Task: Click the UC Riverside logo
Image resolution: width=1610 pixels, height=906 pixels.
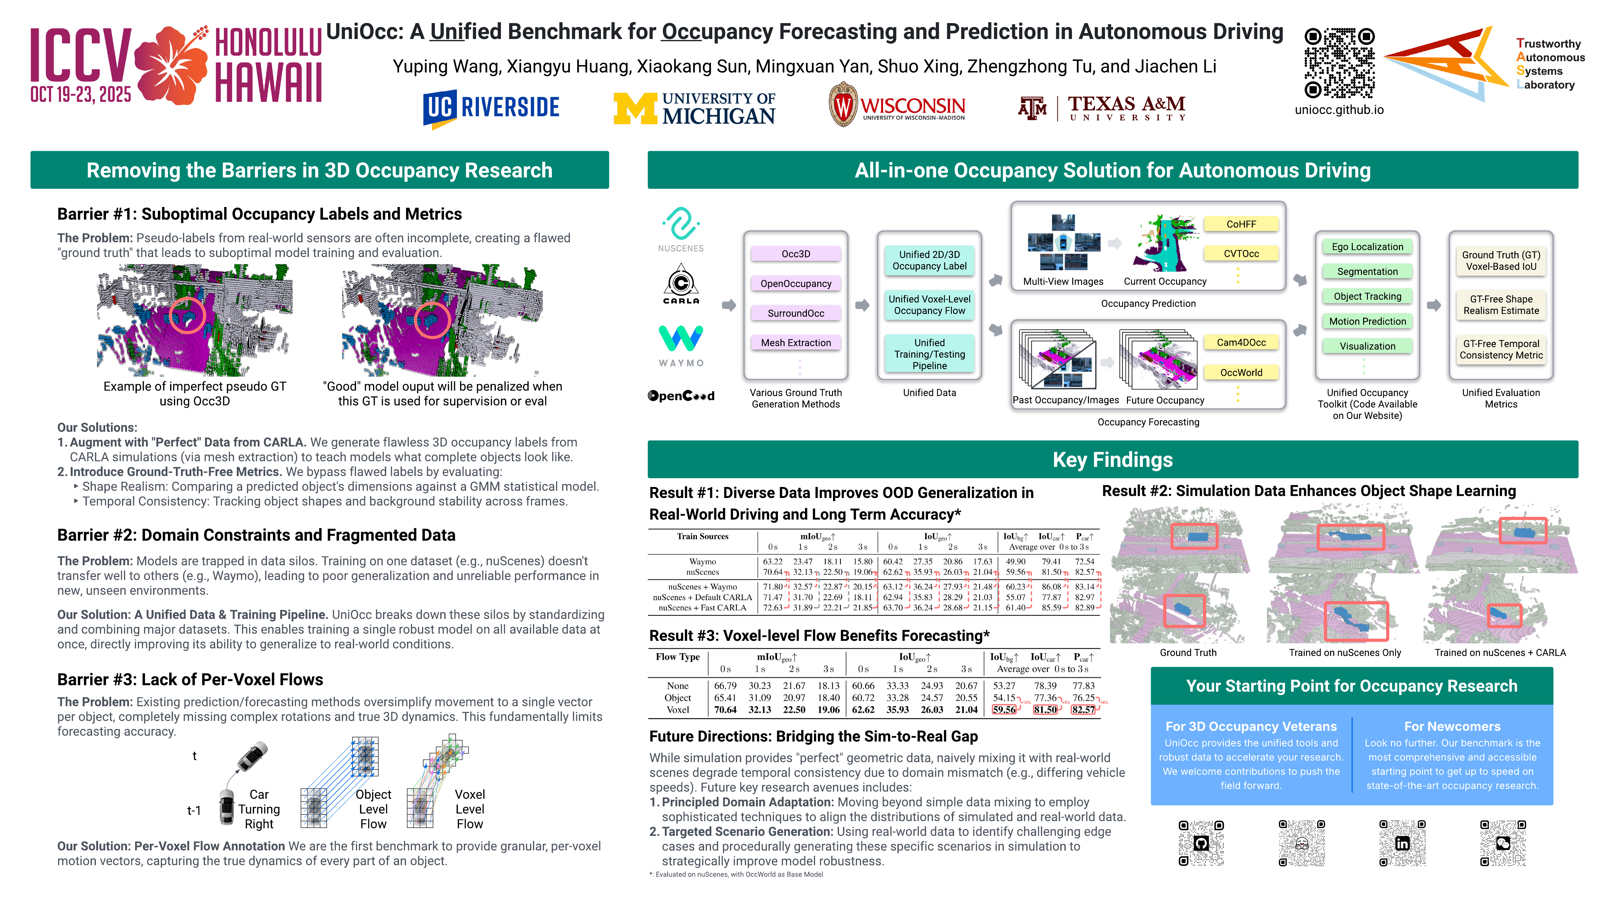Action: click(x=491, y=108)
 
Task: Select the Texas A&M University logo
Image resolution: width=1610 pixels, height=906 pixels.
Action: click(x=1102, y=108)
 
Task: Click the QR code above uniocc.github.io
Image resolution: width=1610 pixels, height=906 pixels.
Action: click(x=1339, y=63)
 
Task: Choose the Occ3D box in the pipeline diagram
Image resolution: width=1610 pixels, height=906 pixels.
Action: click(x=796, y=254)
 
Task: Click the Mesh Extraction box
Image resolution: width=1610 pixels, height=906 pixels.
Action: click(x=796, y=343)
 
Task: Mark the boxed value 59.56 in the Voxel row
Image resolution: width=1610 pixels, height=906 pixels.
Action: click(x=1004, y=710)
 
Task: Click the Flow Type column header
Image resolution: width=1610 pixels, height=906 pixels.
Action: click(x=678, y=657)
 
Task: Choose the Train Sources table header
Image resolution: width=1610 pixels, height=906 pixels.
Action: click(x=702, y=536)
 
